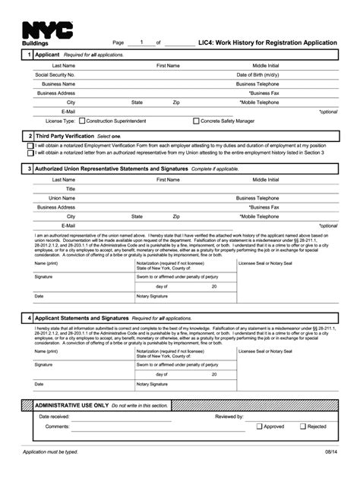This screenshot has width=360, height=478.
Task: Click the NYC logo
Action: click(48, 30)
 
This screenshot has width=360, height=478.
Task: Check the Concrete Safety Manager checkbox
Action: click(197, 121)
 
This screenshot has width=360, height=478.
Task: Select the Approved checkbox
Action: click(260, 426)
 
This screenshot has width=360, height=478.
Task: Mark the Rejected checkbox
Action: click(303, 426)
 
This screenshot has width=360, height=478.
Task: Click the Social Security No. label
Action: click(55, 75)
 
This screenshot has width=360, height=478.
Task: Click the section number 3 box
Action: click(29, 168)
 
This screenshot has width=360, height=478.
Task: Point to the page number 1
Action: click(141, 42)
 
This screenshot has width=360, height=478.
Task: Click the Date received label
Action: click(55, 417)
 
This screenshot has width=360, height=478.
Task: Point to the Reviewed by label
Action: click(229, 417)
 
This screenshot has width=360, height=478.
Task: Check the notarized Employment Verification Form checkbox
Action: click(30, 145)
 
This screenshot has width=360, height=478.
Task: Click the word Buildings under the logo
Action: click(34, 44)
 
